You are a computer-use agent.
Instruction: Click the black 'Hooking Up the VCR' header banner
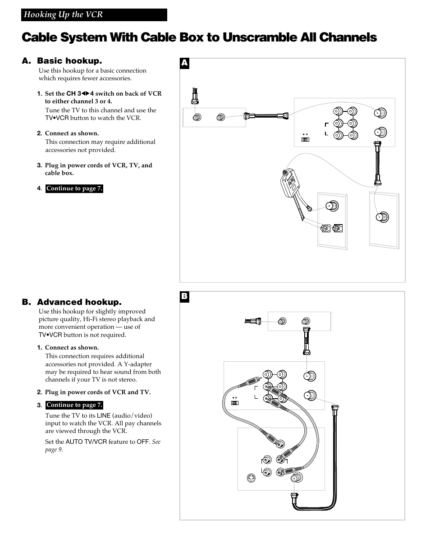[94, 15]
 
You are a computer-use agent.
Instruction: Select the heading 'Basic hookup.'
[69, 61]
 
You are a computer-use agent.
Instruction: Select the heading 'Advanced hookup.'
[79, 302]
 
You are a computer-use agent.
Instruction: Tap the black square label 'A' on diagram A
[184, 63]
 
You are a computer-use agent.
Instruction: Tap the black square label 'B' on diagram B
[184, 297]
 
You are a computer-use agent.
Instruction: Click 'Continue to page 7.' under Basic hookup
[74, 189]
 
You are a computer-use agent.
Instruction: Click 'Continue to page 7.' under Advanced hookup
[74, 405]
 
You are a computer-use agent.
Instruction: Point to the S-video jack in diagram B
[251, 478]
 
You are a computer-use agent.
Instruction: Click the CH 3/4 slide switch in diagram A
[305, 139]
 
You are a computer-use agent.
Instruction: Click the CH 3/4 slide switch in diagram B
[234, 403]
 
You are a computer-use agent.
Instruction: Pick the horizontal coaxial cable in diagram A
[266, 116]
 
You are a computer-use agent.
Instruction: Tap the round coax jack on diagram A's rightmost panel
[382, 217]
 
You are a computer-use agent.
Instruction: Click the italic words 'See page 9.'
[103, 446]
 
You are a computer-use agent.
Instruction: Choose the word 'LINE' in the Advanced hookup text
[104, 415]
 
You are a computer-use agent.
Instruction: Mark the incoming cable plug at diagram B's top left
[253, 321]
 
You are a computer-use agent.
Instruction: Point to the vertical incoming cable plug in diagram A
[195, 96]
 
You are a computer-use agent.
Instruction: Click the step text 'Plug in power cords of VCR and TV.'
[98, 392]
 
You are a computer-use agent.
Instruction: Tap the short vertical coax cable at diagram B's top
[307, 341]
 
